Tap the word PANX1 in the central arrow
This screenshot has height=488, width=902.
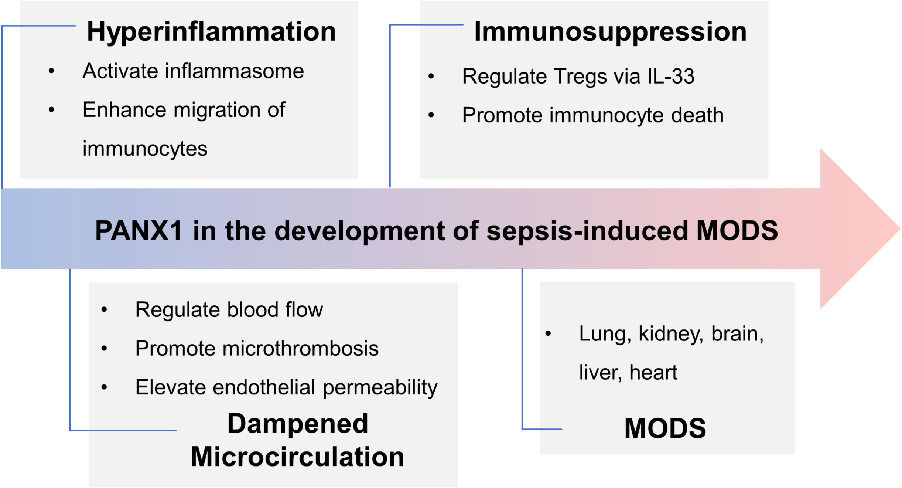click(139, 231)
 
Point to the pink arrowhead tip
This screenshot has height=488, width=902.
click(900, 228)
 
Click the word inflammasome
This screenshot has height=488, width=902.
click(235, 71)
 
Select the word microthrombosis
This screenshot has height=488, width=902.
click(300, 348)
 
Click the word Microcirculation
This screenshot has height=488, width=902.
click(297, 457)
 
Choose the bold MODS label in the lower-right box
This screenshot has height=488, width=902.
click(665, 428)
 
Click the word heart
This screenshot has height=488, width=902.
click(653, 372)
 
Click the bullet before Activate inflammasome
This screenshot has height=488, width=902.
click(51, 71)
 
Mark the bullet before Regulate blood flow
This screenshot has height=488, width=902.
click(104, 309)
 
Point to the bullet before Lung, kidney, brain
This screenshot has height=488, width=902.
click(548, 333)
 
